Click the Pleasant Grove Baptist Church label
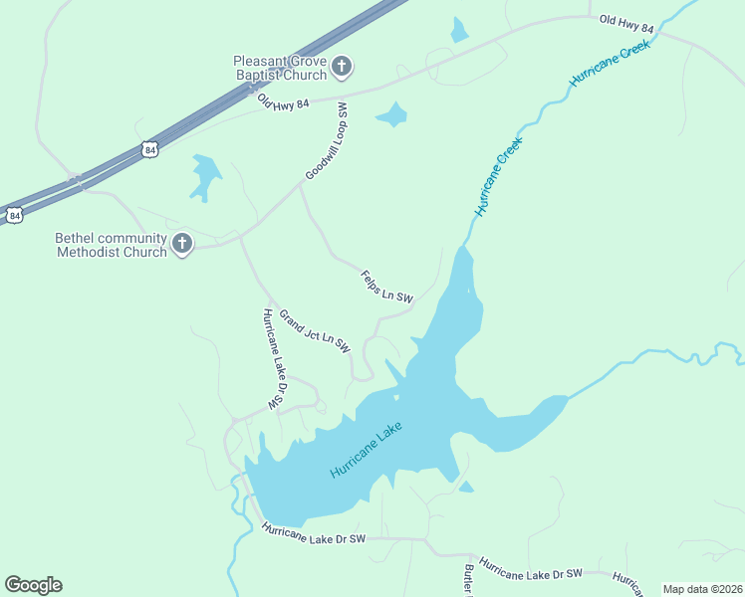tap(279, 68)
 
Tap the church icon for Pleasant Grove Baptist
tap(342, 68)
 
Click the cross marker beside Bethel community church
tap(182, 244)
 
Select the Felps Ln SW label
tap(386, 287)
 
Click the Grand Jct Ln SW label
tap(315, 332)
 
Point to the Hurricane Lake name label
tap(367, 451)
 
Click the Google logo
tap(33, 585)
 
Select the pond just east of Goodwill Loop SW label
tap(392, 115)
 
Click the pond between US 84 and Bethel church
tap(206, 175)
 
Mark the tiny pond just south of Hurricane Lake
tap(465, 487)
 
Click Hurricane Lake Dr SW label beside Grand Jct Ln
tap(271, 359)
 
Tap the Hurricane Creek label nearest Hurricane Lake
tap(499, 176)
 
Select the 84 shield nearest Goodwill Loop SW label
tap(149, 149)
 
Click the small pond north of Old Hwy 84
tap(458, 30)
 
